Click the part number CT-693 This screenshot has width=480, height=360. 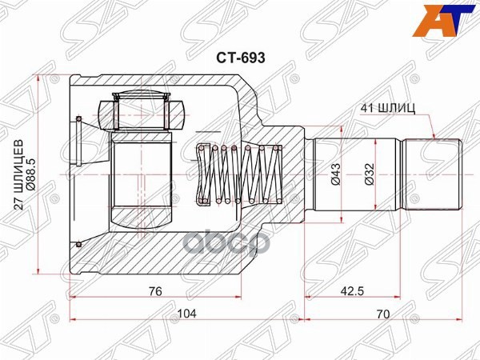(x=239, y=58)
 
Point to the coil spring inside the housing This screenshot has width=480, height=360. (x=240, y=174)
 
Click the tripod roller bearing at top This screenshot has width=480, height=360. (x=141, y=110)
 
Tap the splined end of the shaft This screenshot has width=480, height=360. (x=433, y=174)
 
